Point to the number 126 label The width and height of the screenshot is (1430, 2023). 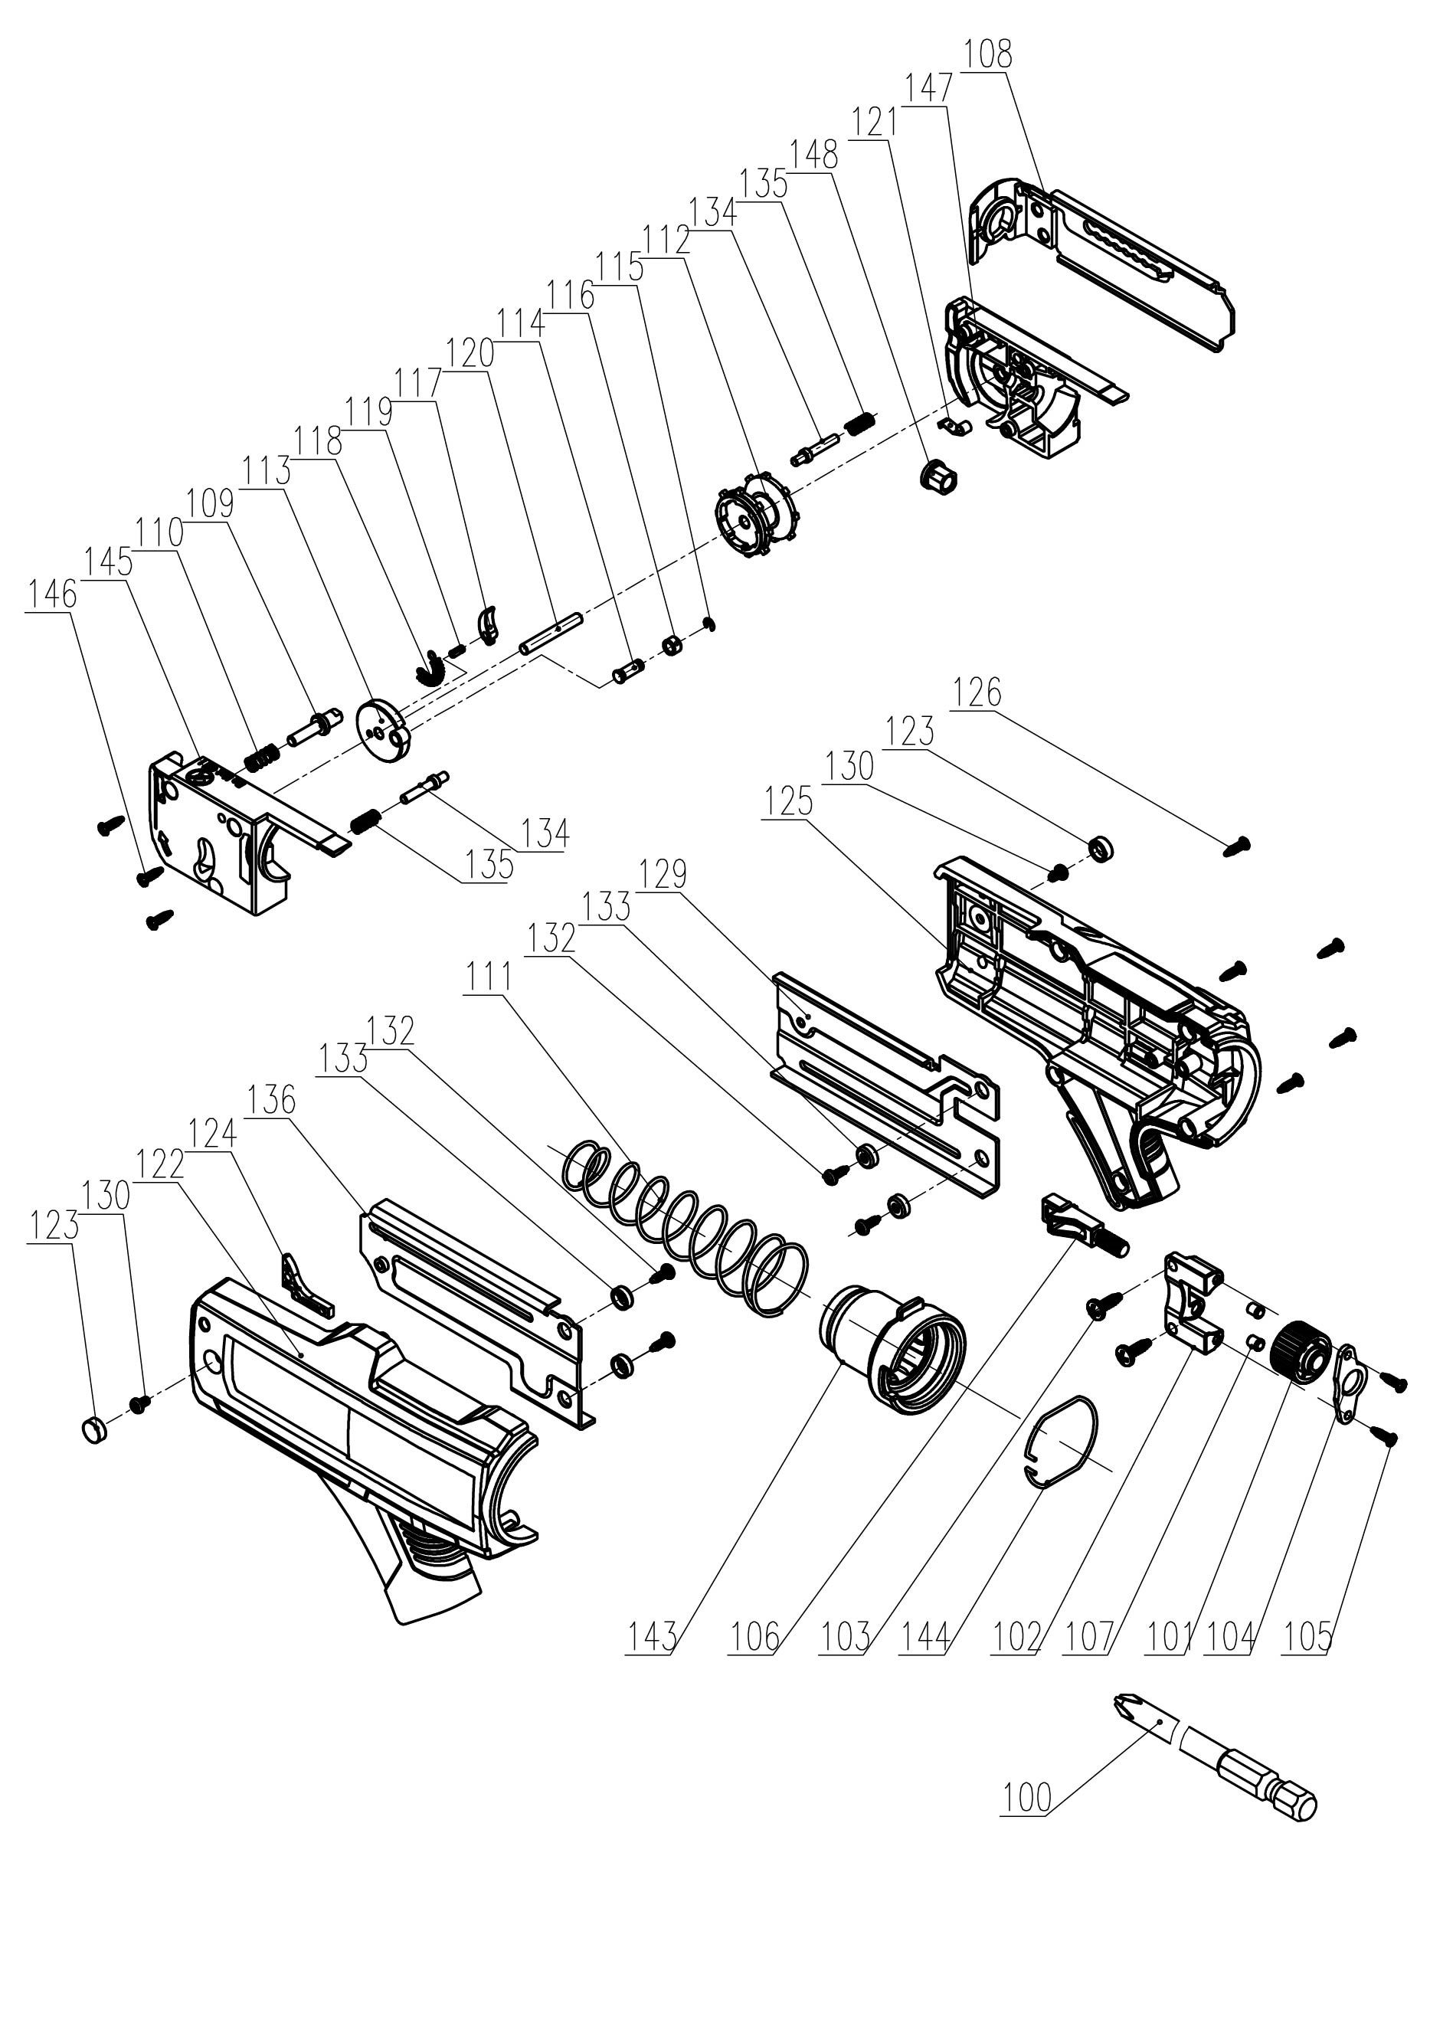pos(977,692)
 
